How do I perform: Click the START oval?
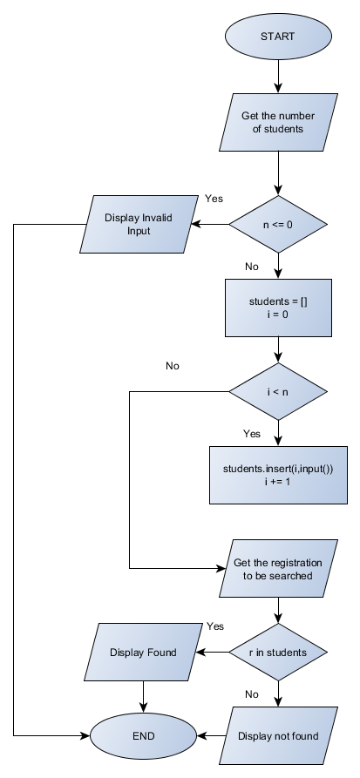coord(277,37)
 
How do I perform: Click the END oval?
coord(143,736)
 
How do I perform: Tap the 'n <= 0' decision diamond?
coord(277,223)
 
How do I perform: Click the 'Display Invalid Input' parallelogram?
coord(139,224)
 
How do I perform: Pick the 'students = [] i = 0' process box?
coord(277,308)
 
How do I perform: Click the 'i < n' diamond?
coord(277,393)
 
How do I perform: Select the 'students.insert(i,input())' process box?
coord(277,475)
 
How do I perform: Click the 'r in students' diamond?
coord(277,652)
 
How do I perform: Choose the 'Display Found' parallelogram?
coord(143,652)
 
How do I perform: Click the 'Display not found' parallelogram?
coord(277,736)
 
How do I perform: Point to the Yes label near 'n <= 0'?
coord(214,199)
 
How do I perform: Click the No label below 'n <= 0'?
coord(252,267)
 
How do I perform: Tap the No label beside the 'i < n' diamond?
coord(172,365)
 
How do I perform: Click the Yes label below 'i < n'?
coord(252,433)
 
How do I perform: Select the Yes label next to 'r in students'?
coord(215,626)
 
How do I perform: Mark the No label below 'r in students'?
coord(252,694)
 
